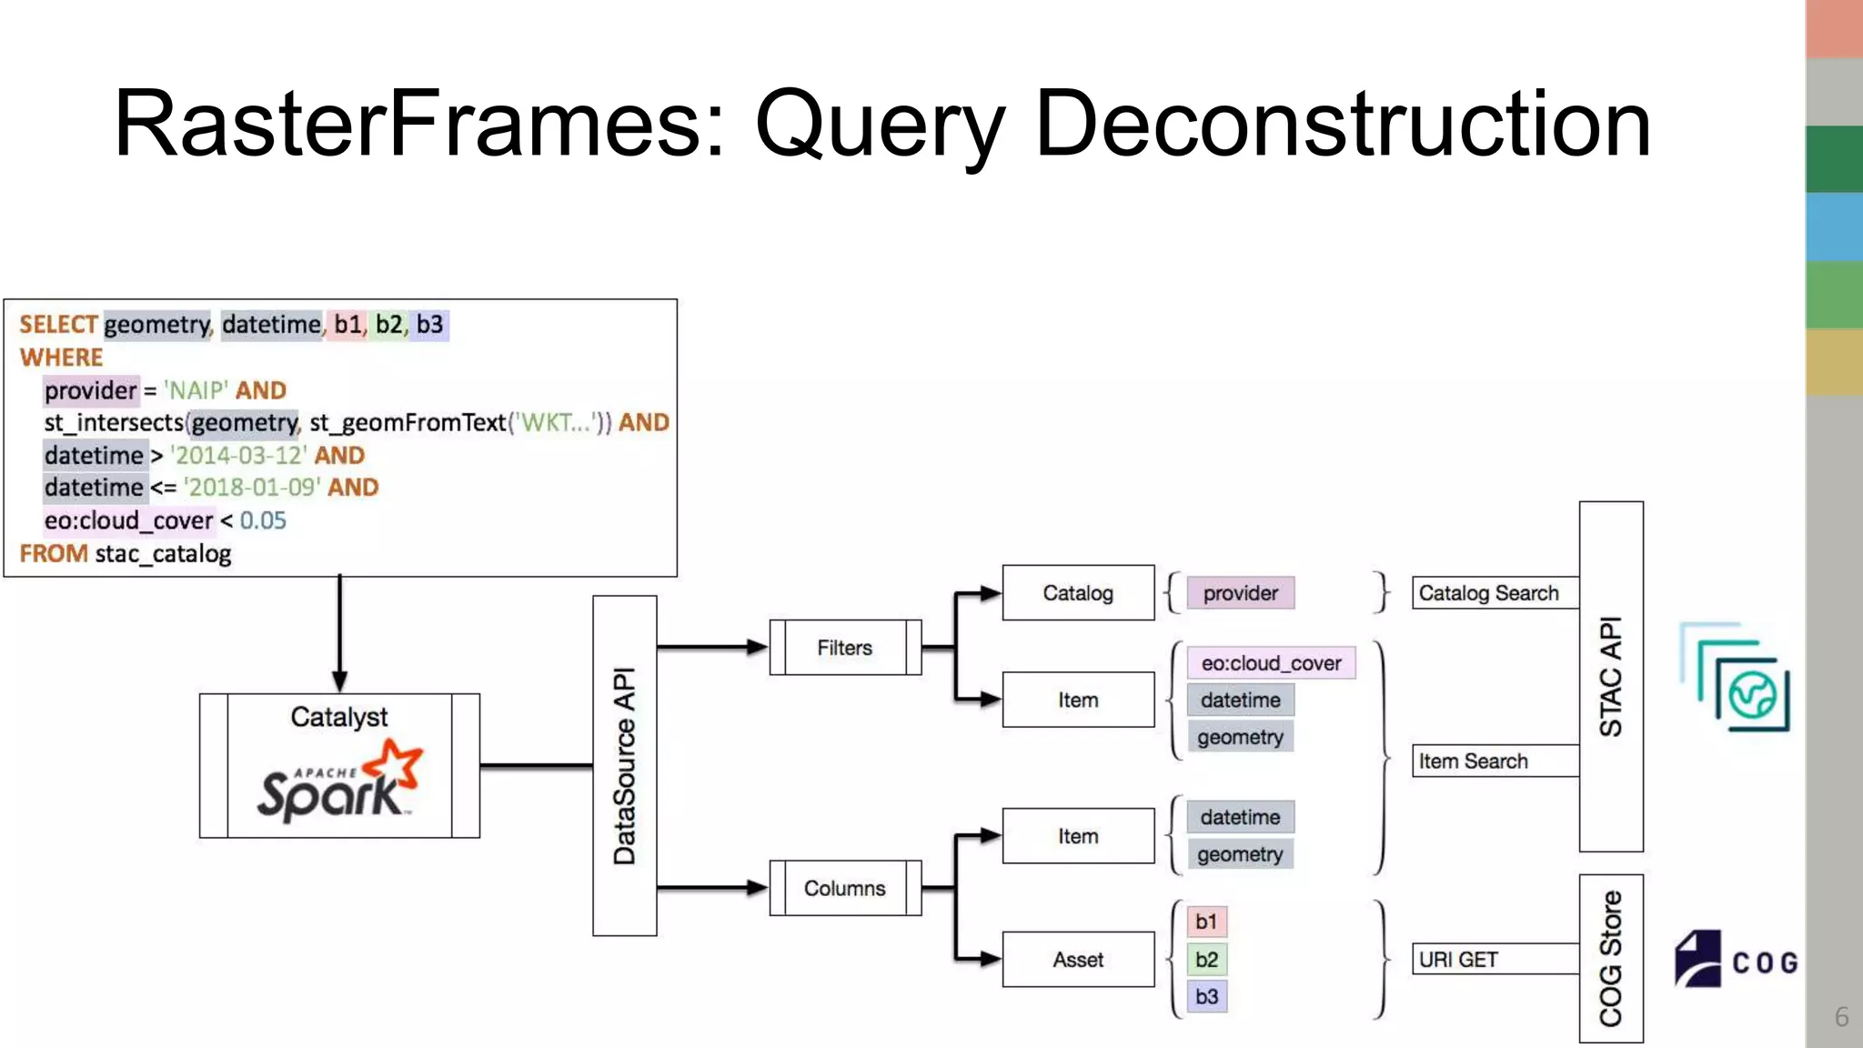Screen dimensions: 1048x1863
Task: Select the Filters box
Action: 845,648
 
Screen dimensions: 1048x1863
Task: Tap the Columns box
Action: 845,888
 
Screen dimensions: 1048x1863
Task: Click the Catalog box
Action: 1078,593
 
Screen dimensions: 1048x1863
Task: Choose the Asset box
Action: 1078,960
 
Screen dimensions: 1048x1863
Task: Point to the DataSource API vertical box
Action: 625,765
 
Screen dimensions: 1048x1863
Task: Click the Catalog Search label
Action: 1489,593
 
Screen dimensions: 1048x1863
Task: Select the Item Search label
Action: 1474,761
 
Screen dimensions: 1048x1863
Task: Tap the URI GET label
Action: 1458,960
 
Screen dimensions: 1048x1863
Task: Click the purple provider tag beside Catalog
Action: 1241,593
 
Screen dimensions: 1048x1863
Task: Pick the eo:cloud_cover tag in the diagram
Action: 1271,663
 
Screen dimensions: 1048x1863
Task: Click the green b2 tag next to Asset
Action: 1207,960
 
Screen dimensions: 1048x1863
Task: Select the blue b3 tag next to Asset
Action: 1207,997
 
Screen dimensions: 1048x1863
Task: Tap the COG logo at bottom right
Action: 1736,960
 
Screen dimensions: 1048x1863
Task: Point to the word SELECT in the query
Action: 58,325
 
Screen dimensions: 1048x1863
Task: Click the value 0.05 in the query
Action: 263,520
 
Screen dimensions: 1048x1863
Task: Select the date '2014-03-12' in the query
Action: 239,455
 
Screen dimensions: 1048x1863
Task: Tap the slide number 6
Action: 1841,1016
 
